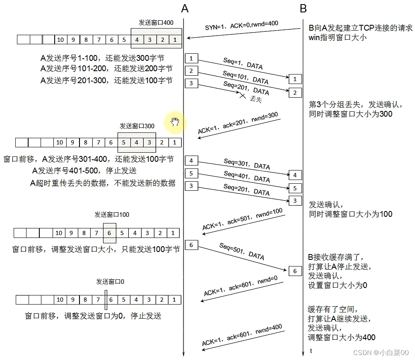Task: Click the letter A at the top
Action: coord(185,8)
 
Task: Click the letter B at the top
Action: coord(303,8)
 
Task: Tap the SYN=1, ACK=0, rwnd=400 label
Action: coord(241,25)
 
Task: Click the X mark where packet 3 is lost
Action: coord(242,95)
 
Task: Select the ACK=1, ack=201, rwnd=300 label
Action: coord(238,123)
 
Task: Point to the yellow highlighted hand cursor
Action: coord(175,122)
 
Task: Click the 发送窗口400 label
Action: coord(156,23)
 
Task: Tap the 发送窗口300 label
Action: coord(137,126)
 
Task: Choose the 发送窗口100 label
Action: coord(112,214)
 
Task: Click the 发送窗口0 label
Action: coord(110,281)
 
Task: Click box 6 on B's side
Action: coord(295,271)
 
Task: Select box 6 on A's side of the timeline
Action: coord(191,245)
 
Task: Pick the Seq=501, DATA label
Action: coord(241,251)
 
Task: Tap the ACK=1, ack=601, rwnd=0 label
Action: coord(241,286)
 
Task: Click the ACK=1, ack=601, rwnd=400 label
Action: coord(242,335)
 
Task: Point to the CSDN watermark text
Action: coord(381,353)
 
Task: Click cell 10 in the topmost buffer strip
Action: coord(60,40)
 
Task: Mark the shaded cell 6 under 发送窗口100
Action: coord(109,233)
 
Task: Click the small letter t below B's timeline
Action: coord(311,351)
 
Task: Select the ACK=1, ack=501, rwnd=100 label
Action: coord(242,219)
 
